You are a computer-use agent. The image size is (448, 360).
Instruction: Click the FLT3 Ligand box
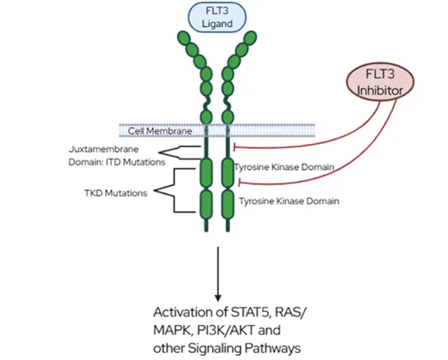tap(217, 17)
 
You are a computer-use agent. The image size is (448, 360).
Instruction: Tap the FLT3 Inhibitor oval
tap(380, 82)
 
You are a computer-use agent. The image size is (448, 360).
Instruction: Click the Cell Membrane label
tap(160, 131)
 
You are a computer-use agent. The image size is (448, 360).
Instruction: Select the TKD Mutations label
tap(116, 193)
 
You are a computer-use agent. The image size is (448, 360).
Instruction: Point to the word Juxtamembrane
tap(104, 149)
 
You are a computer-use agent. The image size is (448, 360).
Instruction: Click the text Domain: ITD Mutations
tap(117, 162)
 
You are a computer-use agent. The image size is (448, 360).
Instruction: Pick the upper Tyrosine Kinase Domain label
tap(284, 167)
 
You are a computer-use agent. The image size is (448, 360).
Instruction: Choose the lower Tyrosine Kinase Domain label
tap(289, 201)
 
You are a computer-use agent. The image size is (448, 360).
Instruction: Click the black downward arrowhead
tap(218, 298)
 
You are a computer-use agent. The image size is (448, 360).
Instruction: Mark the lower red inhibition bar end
tap(239, 182)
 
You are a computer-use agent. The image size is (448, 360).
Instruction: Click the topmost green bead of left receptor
tap(183, 38)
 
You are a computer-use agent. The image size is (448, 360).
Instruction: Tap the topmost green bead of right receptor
tap(251, 37)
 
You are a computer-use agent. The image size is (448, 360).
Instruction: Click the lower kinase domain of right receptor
tap(227, 204)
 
